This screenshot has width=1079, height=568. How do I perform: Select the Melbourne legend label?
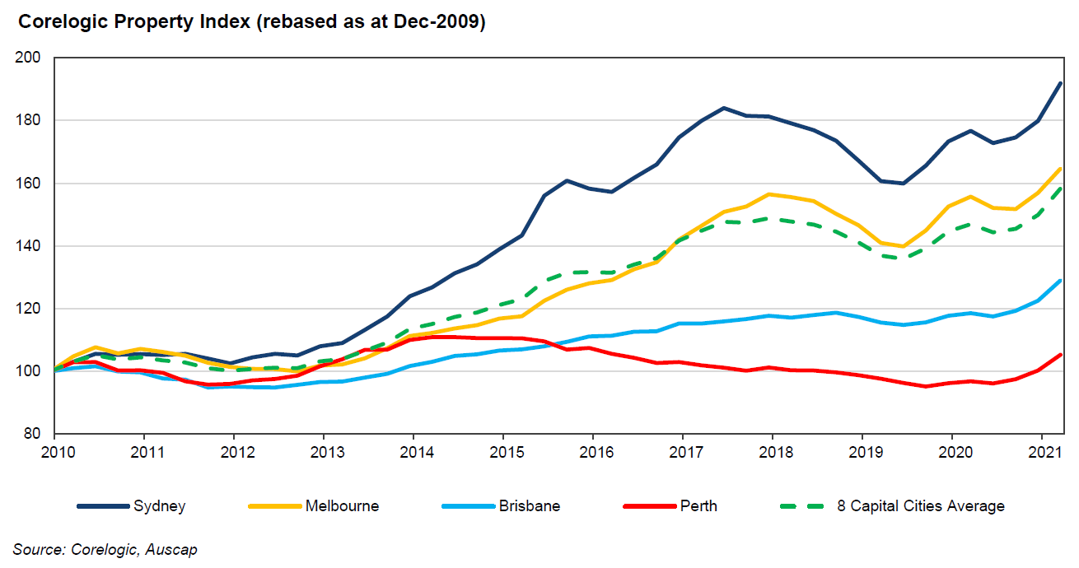click(342, 506)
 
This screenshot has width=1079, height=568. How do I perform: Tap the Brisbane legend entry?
click(529, 506)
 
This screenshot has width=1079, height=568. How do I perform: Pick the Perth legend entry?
click(698, 506)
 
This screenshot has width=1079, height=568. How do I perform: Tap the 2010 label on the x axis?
click(54, 451)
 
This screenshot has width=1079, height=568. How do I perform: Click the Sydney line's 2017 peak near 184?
click(722, 108)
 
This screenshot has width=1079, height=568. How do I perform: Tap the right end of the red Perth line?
click(1061, 355)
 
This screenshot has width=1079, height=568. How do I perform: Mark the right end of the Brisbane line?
click(1061, 281)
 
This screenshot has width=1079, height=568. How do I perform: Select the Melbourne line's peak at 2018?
click(769, 194)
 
